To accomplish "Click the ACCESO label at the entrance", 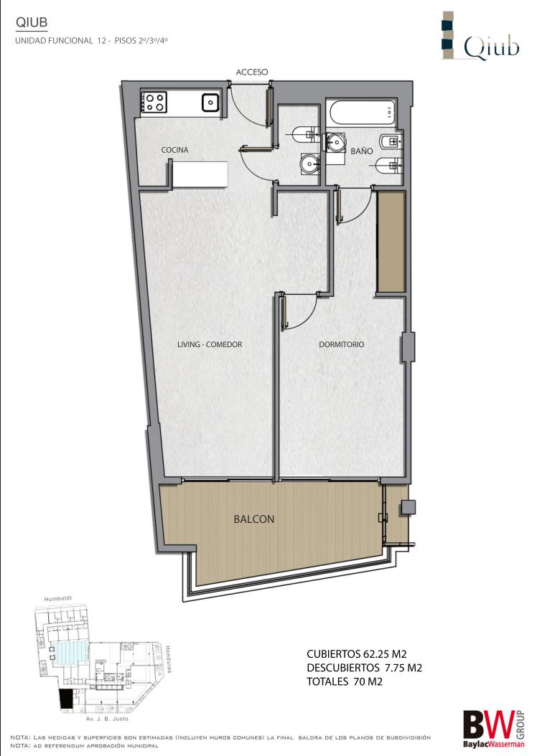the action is [x=252, y=72].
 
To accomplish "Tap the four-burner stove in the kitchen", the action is [x=154, y=103].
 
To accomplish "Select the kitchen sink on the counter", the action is [x=211, y=102].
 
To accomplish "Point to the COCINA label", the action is [x=174, y=150].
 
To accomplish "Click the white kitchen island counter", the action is [x=200, y=174].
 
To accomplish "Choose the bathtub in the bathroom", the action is [x=361, y=113].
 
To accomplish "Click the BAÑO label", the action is [x=361, y=151].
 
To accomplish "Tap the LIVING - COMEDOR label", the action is [x=210, y=344].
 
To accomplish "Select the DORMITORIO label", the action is [x=342, y=344].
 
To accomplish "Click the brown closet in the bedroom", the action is [x=391, y=242].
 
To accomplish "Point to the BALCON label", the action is [x=254, y=519].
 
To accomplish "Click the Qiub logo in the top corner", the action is [x=480, y=36].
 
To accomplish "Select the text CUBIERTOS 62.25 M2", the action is [x=357, y=654].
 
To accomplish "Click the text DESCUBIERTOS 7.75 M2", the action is [x=364, y=668].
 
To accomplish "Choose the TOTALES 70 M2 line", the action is [x=345, y=681].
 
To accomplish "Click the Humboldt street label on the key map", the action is [x=58, y=599].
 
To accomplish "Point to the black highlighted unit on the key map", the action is [x=65, y=699].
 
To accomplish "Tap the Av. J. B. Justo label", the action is [x=107, y=719].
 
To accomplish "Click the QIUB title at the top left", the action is [x=32, y=22].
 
